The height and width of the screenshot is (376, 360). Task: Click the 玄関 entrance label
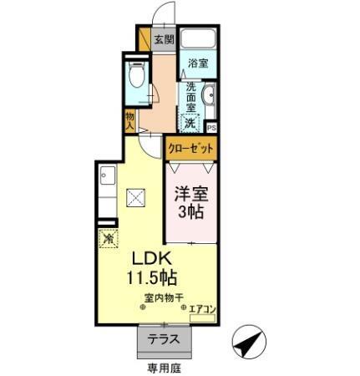click(x=164, y=38)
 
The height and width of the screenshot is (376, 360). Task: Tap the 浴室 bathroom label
click(x=198, y=64)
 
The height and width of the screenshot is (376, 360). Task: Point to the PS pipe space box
click(x=211, y=127)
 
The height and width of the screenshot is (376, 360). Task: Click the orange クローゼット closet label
click(x=191, y=147)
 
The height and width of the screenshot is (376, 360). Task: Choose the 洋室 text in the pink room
click(x=188, y=195)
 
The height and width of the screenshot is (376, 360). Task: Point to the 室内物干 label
click(x=158, y=297)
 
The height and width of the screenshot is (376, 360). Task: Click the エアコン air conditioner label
click(x=202, y=309)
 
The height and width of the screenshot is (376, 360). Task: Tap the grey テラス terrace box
click(x=163, y=340)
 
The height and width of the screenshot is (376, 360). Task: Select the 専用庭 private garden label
click(x=162, y=366)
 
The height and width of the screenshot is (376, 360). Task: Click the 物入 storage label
click(x=130, y=119)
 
